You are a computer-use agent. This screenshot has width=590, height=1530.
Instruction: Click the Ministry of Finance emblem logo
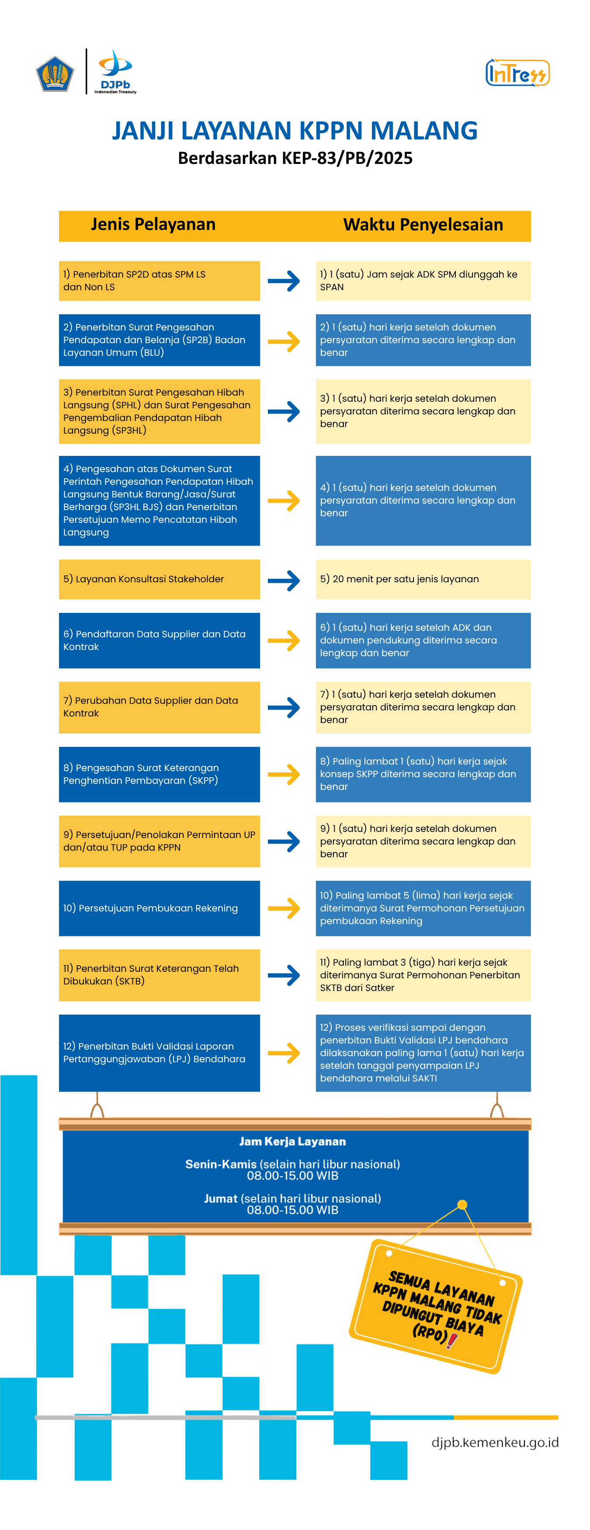(x=55, y=73)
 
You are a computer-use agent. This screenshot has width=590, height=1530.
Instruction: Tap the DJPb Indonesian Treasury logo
(x=115, y=71)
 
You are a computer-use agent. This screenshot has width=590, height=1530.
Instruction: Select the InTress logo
(x=517, y=73)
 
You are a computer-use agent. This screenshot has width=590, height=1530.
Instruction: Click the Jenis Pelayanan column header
(x=153, y=225)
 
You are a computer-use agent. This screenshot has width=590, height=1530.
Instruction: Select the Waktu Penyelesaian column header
(x=423, y=225)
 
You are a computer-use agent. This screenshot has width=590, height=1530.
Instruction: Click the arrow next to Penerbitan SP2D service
(x=284, y=281)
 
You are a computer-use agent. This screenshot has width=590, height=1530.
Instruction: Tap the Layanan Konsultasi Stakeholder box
(x=159, y=579)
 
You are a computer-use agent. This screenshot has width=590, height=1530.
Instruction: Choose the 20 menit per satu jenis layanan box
(x=423, y=579)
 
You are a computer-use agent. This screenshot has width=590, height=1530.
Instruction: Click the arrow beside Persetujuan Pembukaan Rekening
(x=284, y=908)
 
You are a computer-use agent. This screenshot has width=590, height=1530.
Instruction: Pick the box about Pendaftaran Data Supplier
(x=159, y=640)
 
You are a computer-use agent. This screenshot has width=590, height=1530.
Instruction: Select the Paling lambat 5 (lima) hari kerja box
(x=423, y=908)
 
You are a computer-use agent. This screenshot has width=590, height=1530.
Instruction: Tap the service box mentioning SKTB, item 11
(x=159, y=975)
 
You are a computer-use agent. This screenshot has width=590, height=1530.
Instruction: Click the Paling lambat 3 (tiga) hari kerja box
(x=423, y=975)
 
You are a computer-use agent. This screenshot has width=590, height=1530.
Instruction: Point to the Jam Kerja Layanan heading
(x=293, y=1141)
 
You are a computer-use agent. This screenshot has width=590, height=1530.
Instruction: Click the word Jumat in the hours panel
(x=221, y=1199)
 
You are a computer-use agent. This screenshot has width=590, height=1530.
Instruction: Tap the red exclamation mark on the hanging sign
(x=452, y=1341)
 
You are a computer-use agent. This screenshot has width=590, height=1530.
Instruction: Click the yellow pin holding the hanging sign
(x=462, y=1204)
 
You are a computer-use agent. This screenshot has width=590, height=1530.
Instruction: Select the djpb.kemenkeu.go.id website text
(x=495, y=1442)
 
